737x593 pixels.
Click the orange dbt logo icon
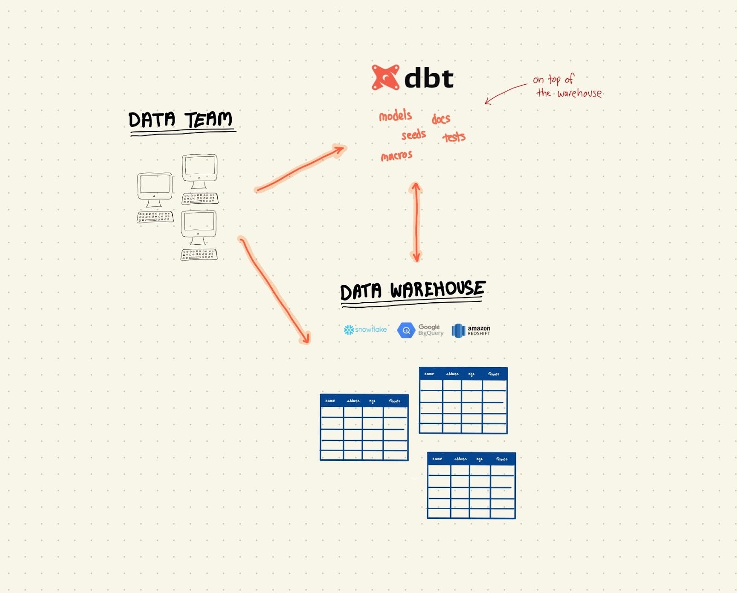pyautogui.click(x=385, y=77)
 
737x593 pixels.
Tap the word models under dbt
pyautogui.click(x=395, y=115)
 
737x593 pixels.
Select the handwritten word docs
pyautogui.click(x=441, y=119)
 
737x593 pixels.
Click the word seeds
pyautogui.click(x=413, y=135)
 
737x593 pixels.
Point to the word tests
pyautogui.click(x=454, y=137)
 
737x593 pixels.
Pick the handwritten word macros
pyautogui.click(x=397, y=156)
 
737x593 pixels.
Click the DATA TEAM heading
pyautogui.click(x=180, y=120)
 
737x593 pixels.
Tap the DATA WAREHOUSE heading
pyautogui.click(x=412, y=291)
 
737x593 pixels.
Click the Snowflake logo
pyautogui.click(x=365, y=329)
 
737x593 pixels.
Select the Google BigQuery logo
pyautogui.click(x=421, y=330)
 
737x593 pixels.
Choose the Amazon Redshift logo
pyautogui.click(x=471, y=330)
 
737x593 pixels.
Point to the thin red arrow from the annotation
pyautogui.click(x=505, y=93)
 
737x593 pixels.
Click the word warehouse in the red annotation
pyautogui.click(x=579, y=94)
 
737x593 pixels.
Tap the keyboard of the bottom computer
pyautogui.click(x=199, y=254)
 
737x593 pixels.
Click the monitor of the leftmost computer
pyautogui.click(x=155, y=184)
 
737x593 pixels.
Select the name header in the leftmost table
pyautogui.click(x=330, y=401)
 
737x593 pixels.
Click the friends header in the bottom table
pyautogui.click(x=502, y=459)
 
